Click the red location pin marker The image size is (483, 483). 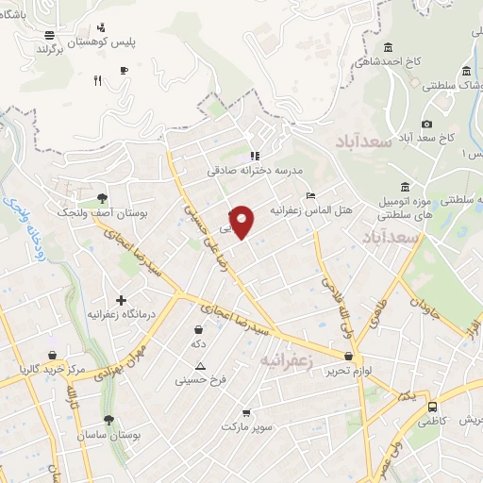tap(242, 223)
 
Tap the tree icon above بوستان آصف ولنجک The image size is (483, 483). tap(101, 197)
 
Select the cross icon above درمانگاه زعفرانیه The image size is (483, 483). tap(121, 299)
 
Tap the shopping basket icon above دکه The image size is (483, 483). tap(198, 330)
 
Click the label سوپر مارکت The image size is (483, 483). tap(246, 427)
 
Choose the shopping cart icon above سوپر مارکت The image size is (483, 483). tap(246, 412)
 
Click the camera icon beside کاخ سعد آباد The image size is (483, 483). tap(426, 124)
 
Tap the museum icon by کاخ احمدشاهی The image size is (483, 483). tap(388, 48)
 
